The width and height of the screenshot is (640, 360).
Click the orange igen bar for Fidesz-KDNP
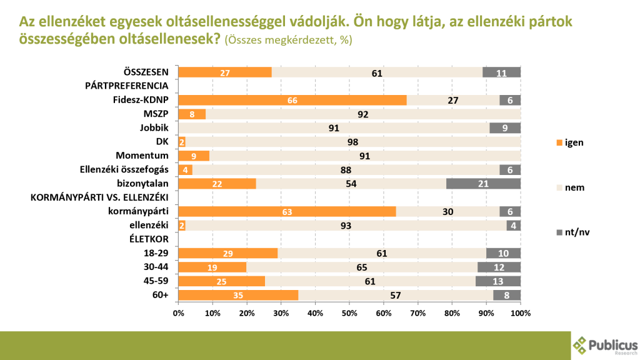[x=292, y=100]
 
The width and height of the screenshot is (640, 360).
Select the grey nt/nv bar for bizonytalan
[x=484, y=183]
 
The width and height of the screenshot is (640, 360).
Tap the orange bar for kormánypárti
[x=287, y=211]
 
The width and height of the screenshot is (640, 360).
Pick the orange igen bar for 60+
[x=238, y=295]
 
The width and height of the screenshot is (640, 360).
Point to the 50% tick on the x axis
[x=349, y=312]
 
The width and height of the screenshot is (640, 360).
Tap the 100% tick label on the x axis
[x=520, y=312]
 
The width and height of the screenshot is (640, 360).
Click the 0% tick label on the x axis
[x=179, y=312]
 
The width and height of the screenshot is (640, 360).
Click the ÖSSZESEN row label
[x=146, y=72]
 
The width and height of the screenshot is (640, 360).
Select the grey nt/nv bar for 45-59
[x=498, y=281]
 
